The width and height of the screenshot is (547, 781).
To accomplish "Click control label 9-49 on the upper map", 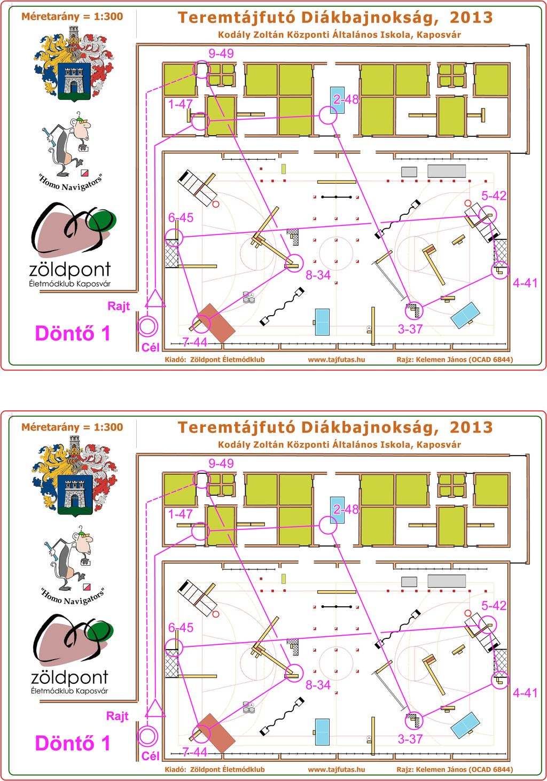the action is (221, 53).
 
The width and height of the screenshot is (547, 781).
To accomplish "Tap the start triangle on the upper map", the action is (155, 299).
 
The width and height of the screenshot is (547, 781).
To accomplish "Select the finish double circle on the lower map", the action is (147, 736).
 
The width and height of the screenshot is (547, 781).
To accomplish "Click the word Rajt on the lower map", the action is (118, 716).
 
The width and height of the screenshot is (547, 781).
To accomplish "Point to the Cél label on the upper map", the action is (150, 347).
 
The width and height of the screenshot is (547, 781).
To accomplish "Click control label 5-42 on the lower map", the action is (494, 605).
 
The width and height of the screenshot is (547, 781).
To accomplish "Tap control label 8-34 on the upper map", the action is (318, 275).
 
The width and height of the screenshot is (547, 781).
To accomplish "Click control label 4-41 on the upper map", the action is (525, 283).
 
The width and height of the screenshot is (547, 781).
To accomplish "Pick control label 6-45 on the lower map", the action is (181, 627).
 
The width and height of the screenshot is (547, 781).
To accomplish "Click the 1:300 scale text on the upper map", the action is (108, 16).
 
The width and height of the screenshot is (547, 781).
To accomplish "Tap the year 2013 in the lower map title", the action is (471, 427).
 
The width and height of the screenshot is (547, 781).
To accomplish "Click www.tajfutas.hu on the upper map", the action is (337, 359).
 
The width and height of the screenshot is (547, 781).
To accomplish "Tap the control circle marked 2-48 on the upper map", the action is (328, 116).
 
